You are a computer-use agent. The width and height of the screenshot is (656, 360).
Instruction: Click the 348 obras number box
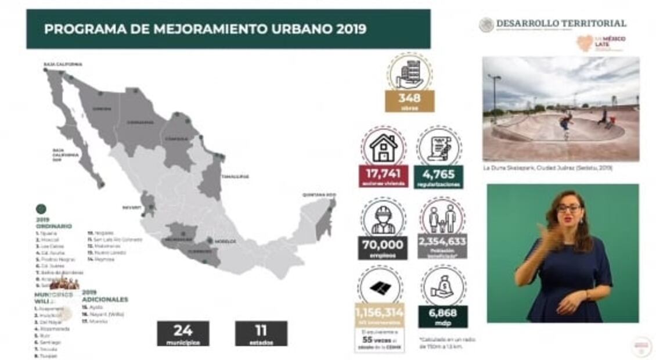(x=409, y=100)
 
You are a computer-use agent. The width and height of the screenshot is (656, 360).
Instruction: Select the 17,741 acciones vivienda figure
(x=383, y=175)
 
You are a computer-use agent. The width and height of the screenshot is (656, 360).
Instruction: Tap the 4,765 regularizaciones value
(x=439, y=175)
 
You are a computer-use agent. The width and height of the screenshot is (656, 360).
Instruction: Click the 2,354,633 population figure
(x=442, y=244)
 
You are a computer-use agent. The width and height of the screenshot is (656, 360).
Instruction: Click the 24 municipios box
(x=183, y=333)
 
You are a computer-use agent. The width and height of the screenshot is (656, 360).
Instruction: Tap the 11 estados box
(x=261, y=333)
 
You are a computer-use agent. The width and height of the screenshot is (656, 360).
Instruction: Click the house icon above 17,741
(x=384, y=147)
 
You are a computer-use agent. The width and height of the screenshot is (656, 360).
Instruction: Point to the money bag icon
(x=443, y=287)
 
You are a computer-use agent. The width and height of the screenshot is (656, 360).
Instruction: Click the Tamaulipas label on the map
(x=235, y=176)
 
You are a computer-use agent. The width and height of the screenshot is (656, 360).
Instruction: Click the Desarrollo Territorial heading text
(x=561, y=23)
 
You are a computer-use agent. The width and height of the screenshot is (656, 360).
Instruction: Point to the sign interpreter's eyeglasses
(x=569, y=207)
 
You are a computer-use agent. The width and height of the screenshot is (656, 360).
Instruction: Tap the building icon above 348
(x=409, y=73)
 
